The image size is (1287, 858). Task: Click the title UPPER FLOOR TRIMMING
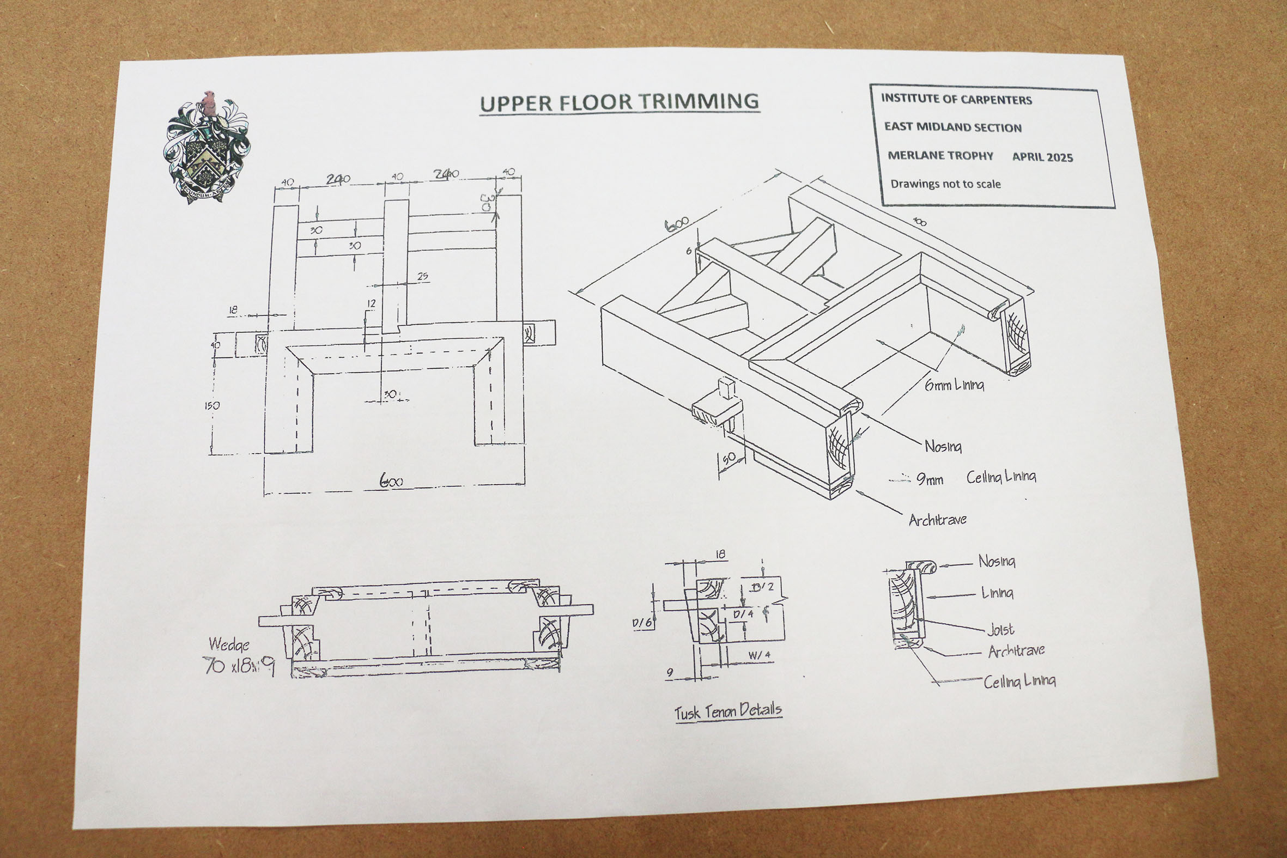(620, 102)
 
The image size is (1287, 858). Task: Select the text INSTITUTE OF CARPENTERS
(956, 100)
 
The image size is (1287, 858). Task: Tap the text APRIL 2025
(1042, 157)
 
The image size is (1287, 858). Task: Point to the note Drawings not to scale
(945, 184)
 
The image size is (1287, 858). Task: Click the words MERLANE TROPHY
(939, 155)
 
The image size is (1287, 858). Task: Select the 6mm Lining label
(954, 385)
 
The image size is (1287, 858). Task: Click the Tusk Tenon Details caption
(728, 711)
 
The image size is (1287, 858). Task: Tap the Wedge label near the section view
(229, 644)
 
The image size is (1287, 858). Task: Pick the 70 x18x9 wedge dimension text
(239, 665)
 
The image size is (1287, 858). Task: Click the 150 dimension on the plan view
(212, 405)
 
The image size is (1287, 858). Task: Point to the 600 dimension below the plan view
(391, 482)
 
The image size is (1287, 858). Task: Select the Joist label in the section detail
(1000, 630)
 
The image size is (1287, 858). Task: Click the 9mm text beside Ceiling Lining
(929, 480)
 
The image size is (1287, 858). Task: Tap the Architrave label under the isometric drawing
(937, 520)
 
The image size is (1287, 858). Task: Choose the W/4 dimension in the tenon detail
(759, 655)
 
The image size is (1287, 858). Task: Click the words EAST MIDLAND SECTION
(952, 127)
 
